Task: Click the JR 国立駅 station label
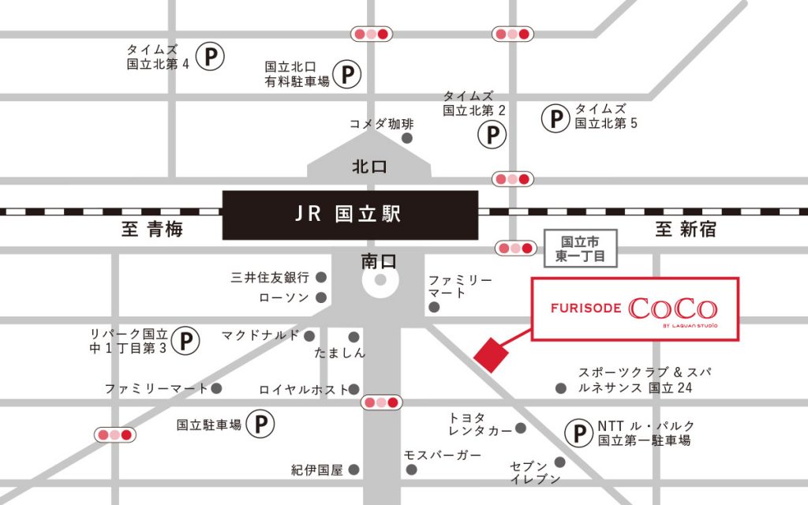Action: click(350, 215)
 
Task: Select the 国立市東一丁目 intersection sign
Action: click(580, 249)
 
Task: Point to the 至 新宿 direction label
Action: click(685, 230)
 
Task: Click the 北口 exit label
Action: click(369, 166)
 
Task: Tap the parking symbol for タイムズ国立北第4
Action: click(210, 57)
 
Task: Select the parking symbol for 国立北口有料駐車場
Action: click(346, 75)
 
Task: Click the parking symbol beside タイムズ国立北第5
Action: click(555, 118)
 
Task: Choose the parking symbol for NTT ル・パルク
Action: click(579, 432)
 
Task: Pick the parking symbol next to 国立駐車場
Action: click(260, 425)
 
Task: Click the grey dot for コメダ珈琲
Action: click(407, 138)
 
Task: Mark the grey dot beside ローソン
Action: click(321, 297)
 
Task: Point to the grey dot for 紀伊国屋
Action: click(354, 470)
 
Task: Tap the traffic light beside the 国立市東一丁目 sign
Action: click(515, 249)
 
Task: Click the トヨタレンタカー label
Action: click(477, 424)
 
